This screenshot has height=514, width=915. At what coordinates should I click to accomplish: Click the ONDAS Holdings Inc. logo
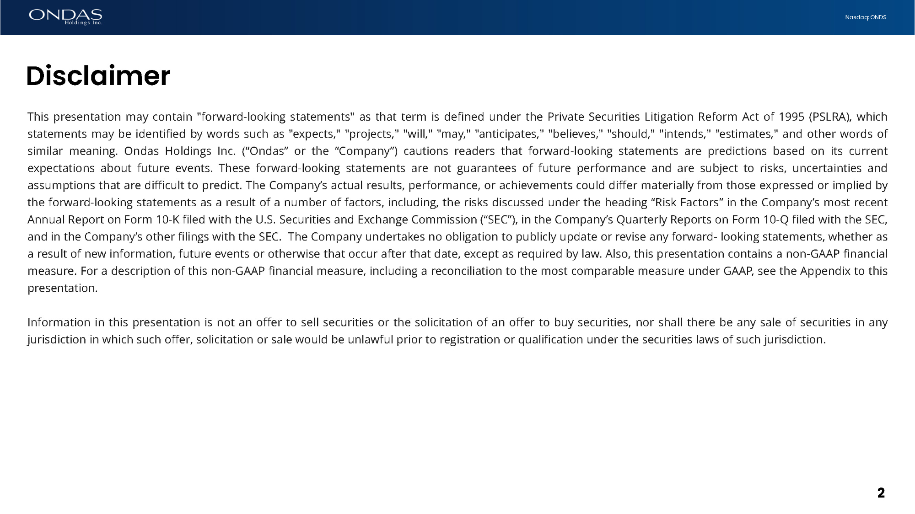tap(65, 17)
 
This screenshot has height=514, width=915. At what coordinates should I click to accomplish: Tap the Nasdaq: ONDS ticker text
tap(865, 17)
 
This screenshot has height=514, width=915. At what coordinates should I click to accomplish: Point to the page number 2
tap(881, 493)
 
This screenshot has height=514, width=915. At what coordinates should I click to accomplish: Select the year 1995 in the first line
tap(791, 117)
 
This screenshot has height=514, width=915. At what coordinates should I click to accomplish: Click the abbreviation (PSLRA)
tap(830, 117)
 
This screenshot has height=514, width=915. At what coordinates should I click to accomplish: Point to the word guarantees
tap(486, 168)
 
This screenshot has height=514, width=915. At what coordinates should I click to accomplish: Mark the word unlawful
tap(370, 340)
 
